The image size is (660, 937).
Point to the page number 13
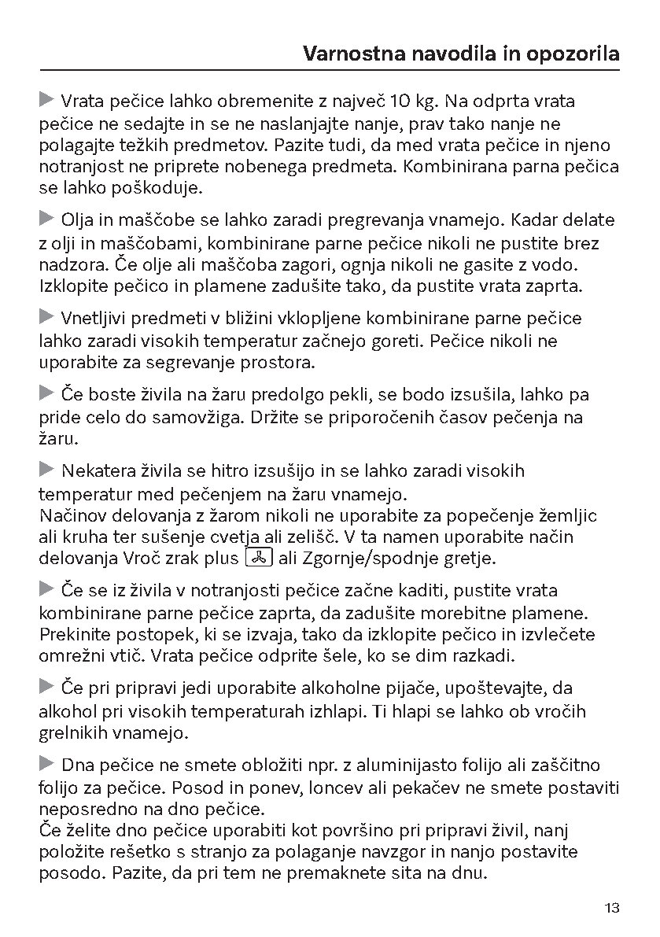pos(613,908)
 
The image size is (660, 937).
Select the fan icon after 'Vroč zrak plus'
pos(259,558)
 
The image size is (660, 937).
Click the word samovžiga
pos(170,417)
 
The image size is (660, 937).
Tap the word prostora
pos(276,363)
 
